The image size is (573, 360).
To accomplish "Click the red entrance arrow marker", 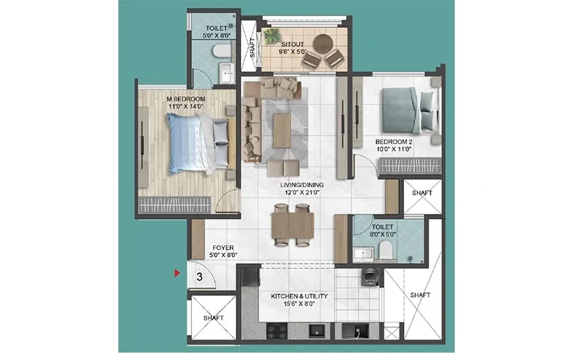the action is click(177, 273).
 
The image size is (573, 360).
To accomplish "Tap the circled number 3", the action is click(200, 277).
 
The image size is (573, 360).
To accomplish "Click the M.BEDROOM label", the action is click(186, 99).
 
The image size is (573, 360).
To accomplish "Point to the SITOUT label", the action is click(292, 44).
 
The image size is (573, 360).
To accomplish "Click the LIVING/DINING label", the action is click(302, 185).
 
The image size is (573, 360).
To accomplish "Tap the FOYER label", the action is click(223, 248).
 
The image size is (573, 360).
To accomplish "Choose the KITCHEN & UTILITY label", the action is click(299, 296).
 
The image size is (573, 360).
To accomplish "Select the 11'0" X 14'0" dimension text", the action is click(186, 107).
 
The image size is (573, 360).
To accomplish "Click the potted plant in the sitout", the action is click(273, 36).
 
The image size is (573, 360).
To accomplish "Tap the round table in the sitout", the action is click(323, 44).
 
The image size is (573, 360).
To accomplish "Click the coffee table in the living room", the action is click(282, 131).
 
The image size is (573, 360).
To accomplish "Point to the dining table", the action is click(292, 226).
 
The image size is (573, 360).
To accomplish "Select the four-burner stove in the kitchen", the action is click(278, 331).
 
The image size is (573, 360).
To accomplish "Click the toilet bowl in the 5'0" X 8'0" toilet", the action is click(221, 51).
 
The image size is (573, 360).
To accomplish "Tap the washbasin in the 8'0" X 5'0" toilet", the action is click(363, 253).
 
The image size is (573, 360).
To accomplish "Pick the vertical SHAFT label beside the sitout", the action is click(252, 48).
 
